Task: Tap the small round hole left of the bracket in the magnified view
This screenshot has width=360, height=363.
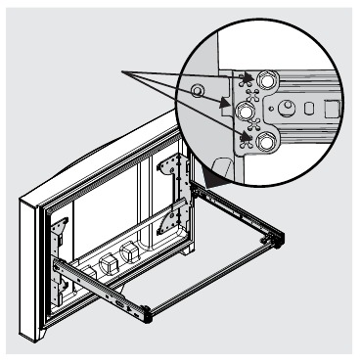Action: point(199,91)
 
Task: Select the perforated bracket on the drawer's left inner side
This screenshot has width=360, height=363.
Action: point(61,227)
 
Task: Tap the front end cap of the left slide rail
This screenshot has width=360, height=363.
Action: point(148,313)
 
